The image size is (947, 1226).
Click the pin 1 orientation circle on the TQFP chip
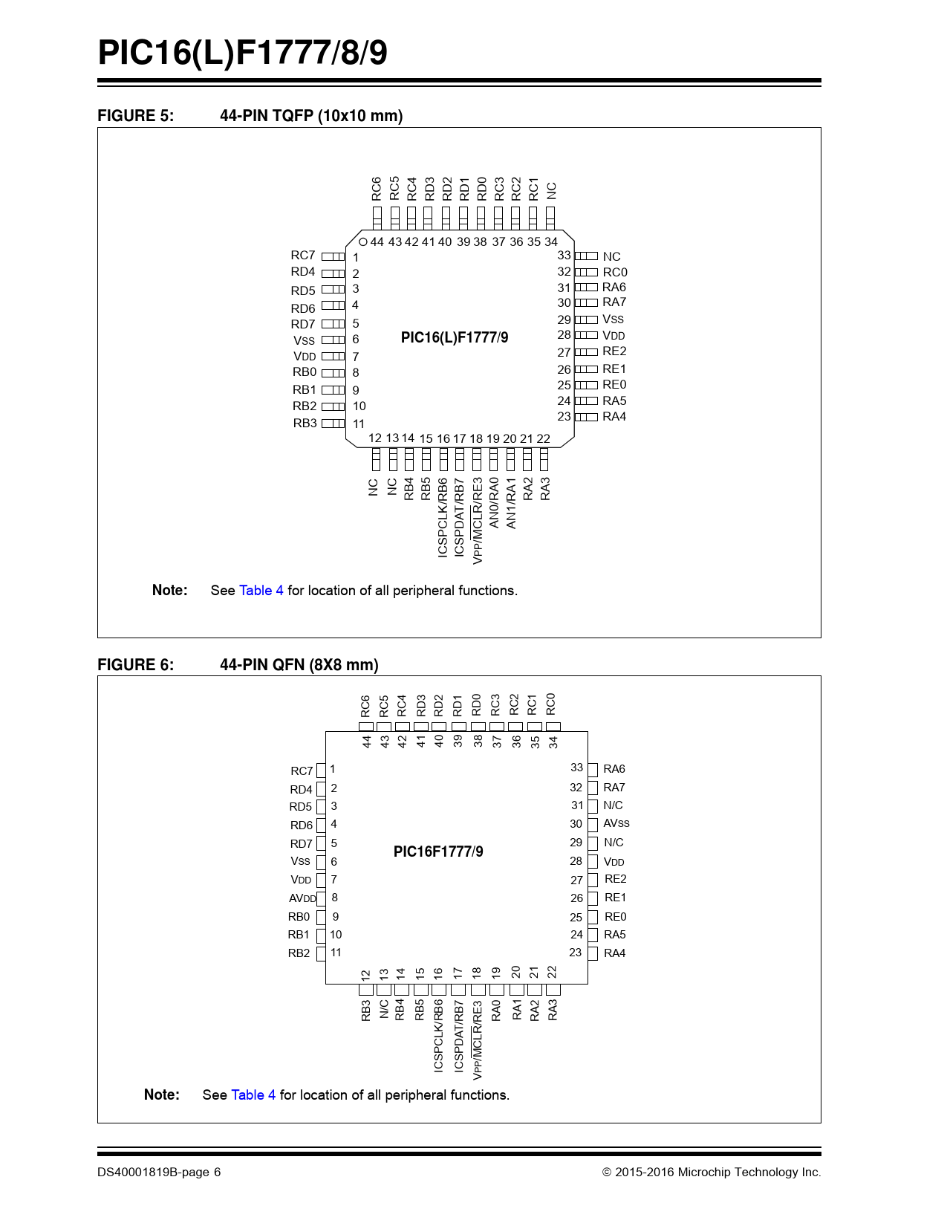click(x=362, y=242)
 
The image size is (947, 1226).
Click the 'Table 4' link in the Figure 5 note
click(x=261, y=591)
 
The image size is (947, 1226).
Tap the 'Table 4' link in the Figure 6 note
click(x=253, y=1095)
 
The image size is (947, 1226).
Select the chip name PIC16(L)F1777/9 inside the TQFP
click(x=455, y=338)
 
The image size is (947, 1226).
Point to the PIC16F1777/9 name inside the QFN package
click(x=438, y=852)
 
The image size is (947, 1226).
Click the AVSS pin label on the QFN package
click(x=616, y=824)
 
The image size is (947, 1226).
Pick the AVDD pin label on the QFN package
click(x=302, y=898)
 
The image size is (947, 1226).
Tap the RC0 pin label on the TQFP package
click(x=615, y=273)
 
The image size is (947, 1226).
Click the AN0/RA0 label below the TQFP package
click(x=494, y=503)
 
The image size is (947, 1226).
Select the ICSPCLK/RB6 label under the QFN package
click(x=439, y=1035)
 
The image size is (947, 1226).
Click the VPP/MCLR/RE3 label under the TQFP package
click(x=478, y=520)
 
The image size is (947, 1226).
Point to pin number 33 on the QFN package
click(x=577, y=768)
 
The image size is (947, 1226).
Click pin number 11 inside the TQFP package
click(x=359, y=424)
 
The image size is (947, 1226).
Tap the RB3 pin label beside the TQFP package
click(x=305, y=424)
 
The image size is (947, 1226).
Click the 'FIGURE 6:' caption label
click(x=136, y=665)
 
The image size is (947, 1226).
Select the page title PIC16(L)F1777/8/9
click(x=243, y=53)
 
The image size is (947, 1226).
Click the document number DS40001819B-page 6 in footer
click(x=159, y=1173)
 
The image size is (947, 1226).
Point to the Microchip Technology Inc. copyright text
click(x=712, y=1173)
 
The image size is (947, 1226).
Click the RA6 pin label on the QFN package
click(x=614, y=769)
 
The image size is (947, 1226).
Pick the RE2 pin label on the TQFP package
click(x=614, y=351)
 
